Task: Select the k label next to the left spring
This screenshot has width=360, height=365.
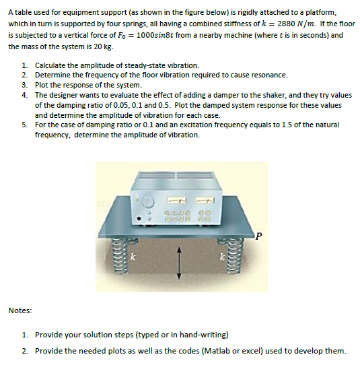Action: (133, 257)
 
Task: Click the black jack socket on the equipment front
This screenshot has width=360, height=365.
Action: (139, 218)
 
